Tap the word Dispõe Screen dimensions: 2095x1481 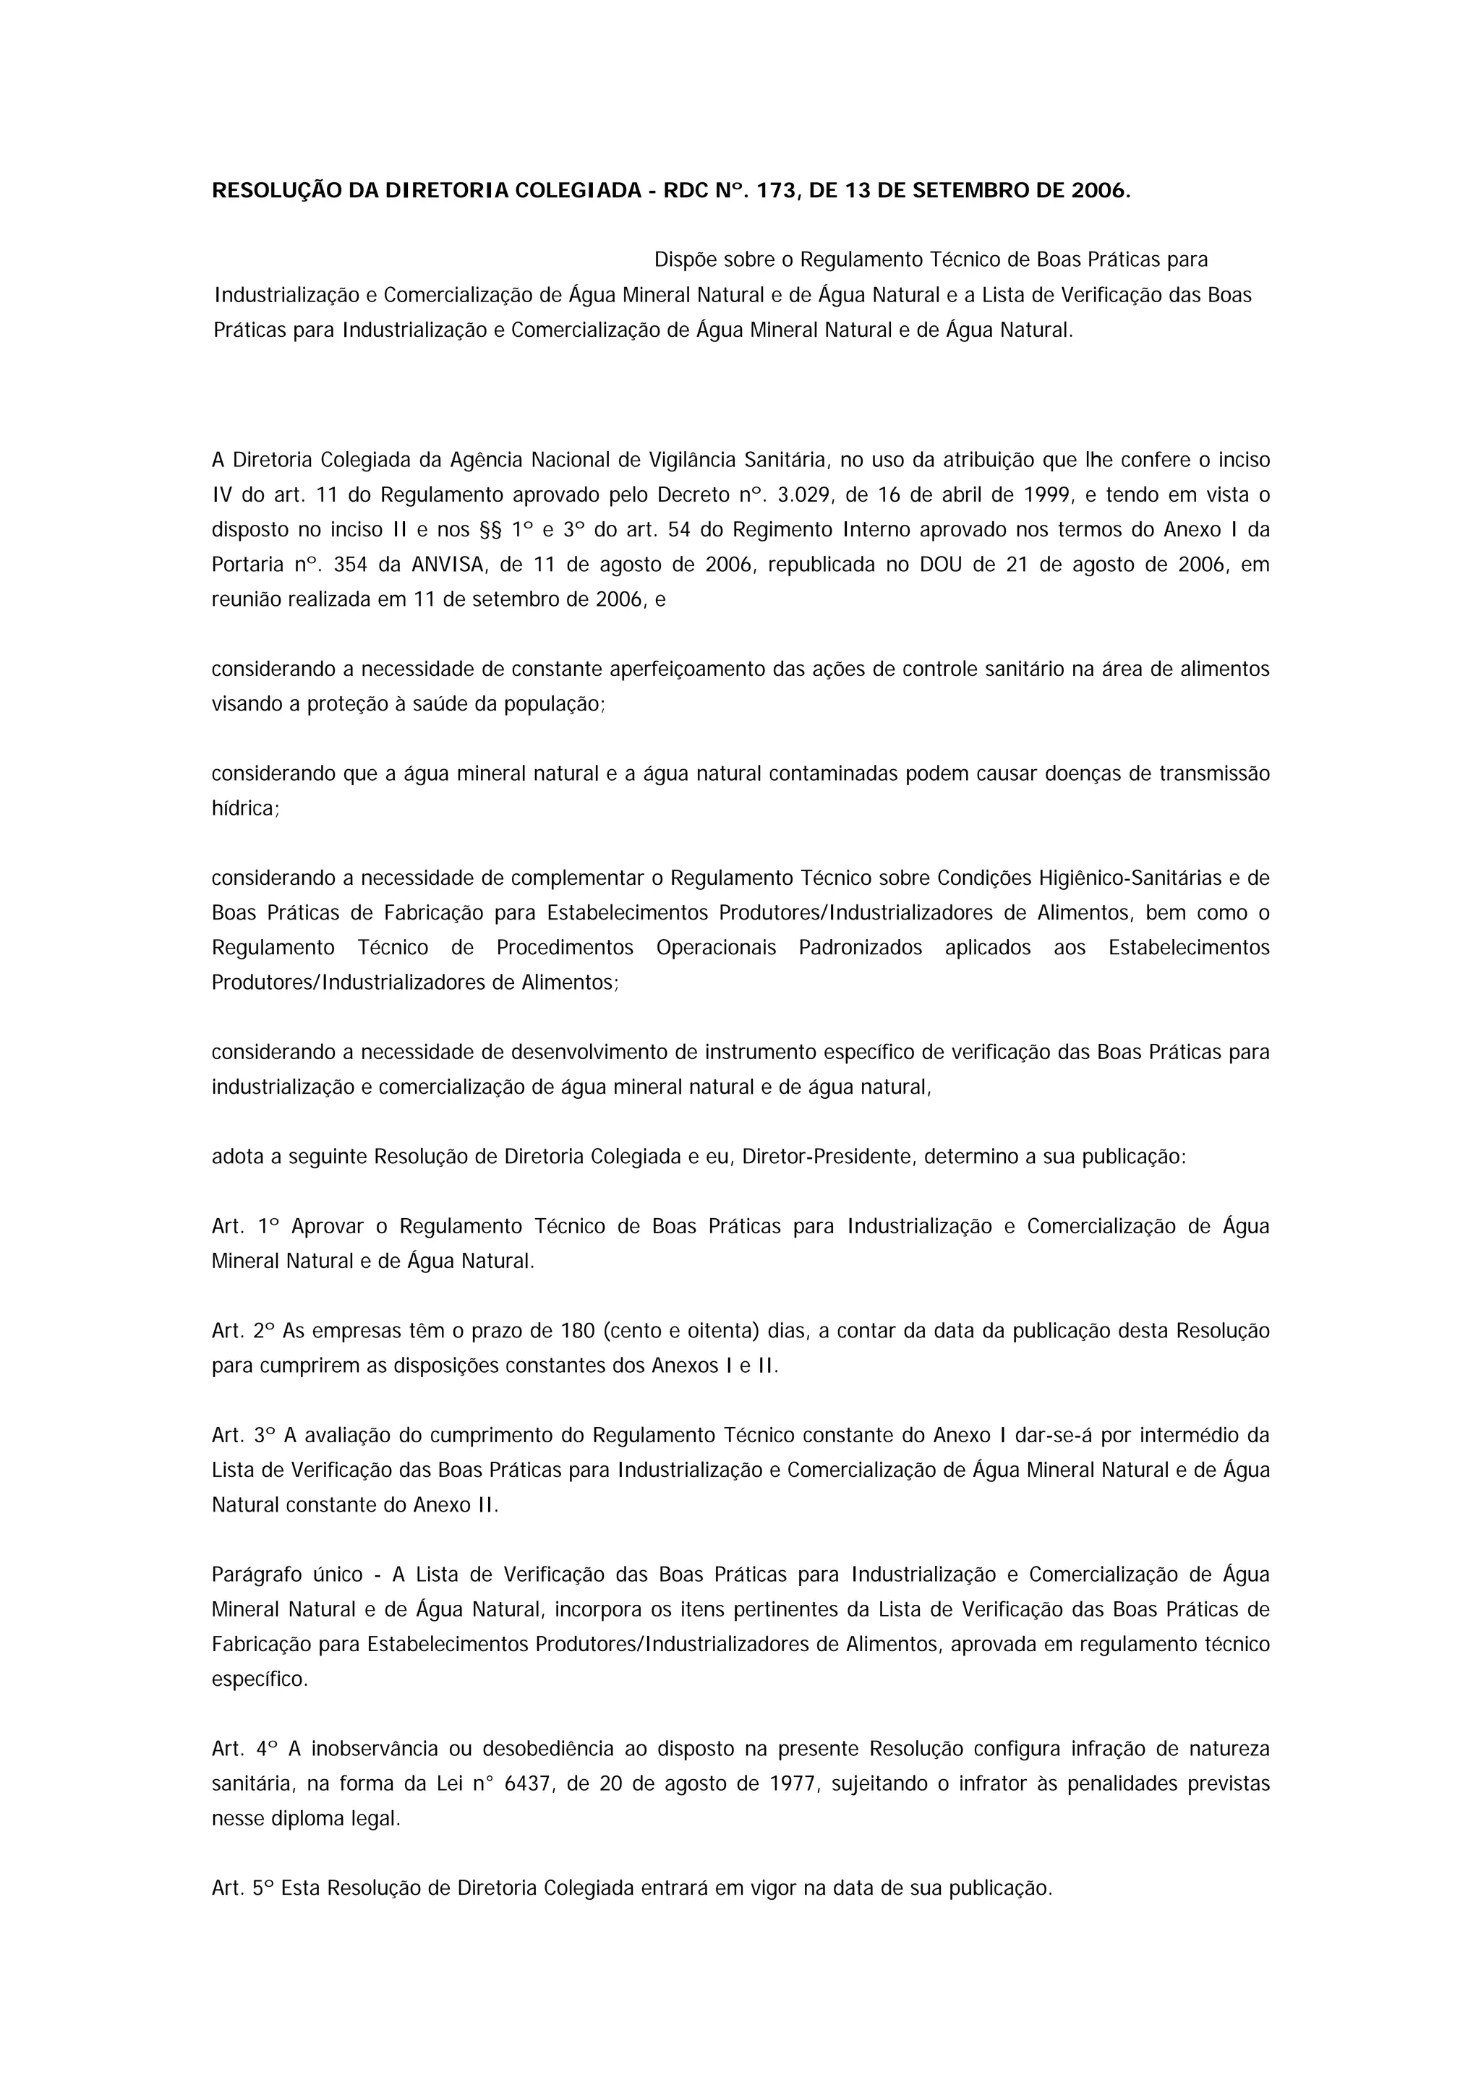[684, 260]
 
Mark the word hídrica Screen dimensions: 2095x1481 [244, 808]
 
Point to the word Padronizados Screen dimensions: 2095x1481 [860, 948]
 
